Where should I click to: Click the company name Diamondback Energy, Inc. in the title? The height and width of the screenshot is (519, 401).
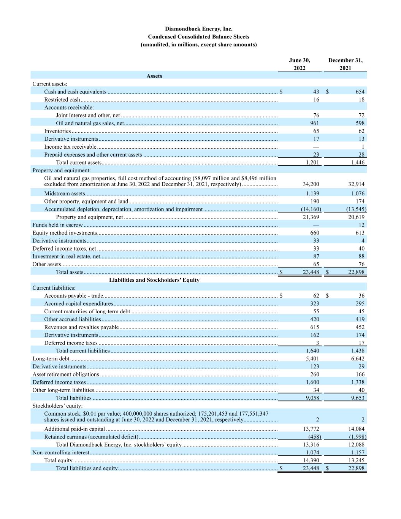[198, 29]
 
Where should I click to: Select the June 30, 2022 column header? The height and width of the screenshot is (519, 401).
[300, 64]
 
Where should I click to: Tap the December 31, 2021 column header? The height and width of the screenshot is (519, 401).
[345, 64]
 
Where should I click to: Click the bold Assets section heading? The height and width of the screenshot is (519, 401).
[154, 76]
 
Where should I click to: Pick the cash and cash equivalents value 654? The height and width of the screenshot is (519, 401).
[360, 92]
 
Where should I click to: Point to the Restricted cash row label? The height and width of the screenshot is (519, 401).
[62, 100]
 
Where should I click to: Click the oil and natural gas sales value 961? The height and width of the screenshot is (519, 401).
[314, 123]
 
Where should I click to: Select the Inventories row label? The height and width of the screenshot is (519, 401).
[57, 131]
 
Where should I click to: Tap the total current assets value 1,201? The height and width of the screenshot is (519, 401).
[312, 163]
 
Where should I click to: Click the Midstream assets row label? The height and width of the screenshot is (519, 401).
[64, 194]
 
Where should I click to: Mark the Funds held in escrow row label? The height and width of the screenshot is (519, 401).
[57, 225]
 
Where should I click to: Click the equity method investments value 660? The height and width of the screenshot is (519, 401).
[314, 233]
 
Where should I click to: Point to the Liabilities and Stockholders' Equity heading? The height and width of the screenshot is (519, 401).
[154, 280]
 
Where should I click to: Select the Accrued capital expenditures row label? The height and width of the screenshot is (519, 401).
[79, 303]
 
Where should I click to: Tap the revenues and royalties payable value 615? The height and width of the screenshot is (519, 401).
[314, 327]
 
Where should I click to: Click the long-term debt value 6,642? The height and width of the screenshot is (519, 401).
[358, 359]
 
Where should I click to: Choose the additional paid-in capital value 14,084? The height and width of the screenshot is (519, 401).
[357, 429]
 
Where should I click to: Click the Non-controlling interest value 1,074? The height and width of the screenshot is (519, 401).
[312, 452]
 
